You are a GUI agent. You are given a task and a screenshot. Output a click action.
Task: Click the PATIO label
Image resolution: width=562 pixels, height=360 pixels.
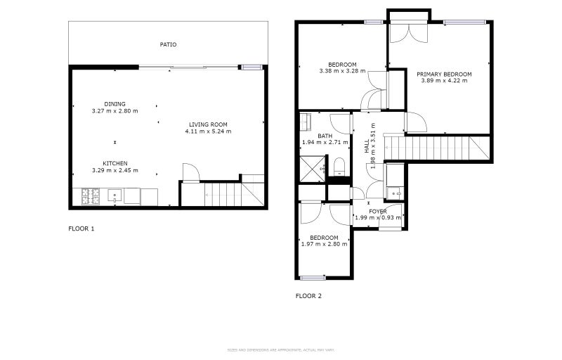(168, 44)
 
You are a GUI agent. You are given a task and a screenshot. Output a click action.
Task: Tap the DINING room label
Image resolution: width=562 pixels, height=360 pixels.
(115, 104)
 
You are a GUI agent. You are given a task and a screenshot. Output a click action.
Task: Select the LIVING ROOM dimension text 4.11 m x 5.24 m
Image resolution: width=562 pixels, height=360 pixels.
(208, 131)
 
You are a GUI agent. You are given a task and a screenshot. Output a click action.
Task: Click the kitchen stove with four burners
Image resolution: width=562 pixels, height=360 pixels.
(91, 196)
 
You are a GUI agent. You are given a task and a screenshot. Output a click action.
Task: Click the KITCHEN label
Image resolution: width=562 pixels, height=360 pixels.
(115, 163)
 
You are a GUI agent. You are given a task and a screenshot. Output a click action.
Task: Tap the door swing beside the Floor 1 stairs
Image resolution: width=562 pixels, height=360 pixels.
(190, 172)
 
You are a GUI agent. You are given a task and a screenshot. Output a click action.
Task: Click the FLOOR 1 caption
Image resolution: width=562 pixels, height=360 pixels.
(81, 229)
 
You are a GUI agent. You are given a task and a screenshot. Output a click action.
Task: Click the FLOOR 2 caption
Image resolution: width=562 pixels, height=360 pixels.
(308, 296)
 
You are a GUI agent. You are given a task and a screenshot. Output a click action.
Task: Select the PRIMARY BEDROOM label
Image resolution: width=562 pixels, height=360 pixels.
(443, 74)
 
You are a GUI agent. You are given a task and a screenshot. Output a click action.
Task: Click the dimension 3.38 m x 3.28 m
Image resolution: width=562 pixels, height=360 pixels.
(342, 71)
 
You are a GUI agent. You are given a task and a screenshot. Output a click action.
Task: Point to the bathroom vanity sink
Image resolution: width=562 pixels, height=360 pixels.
(306, 122)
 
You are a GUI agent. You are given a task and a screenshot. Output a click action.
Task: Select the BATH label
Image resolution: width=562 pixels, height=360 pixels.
(325, 136)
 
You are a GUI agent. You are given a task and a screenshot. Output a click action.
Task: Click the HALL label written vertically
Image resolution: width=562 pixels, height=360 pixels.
(366, 147)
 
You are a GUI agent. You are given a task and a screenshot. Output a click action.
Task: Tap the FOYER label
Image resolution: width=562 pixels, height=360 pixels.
(378, 211)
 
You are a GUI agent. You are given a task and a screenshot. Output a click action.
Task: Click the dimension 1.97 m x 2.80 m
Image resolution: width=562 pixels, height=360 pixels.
(324, 244)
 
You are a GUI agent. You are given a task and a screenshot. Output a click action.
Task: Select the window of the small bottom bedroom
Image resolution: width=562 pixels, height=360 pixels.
(313, 278)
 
